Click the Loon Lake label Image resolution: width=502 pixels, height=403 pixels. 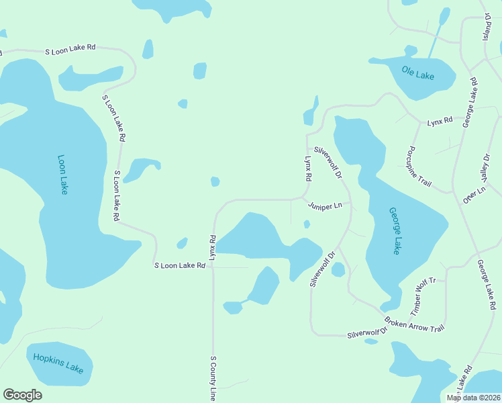pos(63,175)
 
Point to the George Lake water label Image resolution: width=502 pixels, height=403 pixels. pos(395,230)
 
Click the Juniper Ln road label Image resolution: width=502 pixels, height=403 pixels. pos(325,206)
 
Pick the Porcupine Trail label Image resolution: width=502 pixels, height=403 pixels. pos(419,166)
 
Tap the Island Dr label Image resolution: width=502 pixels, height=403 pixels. pos(487,26)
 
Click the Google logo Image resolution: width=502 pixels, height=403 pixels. pos(22,395)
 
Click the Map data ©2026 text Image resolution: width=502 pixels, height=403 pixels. pos(472,398)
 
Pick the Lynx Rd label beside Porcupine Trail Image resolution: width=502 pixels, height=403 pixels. pos(440,120)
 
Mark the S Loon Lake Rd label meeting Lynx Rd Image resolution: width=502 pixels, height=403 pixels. pos(179,266)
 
